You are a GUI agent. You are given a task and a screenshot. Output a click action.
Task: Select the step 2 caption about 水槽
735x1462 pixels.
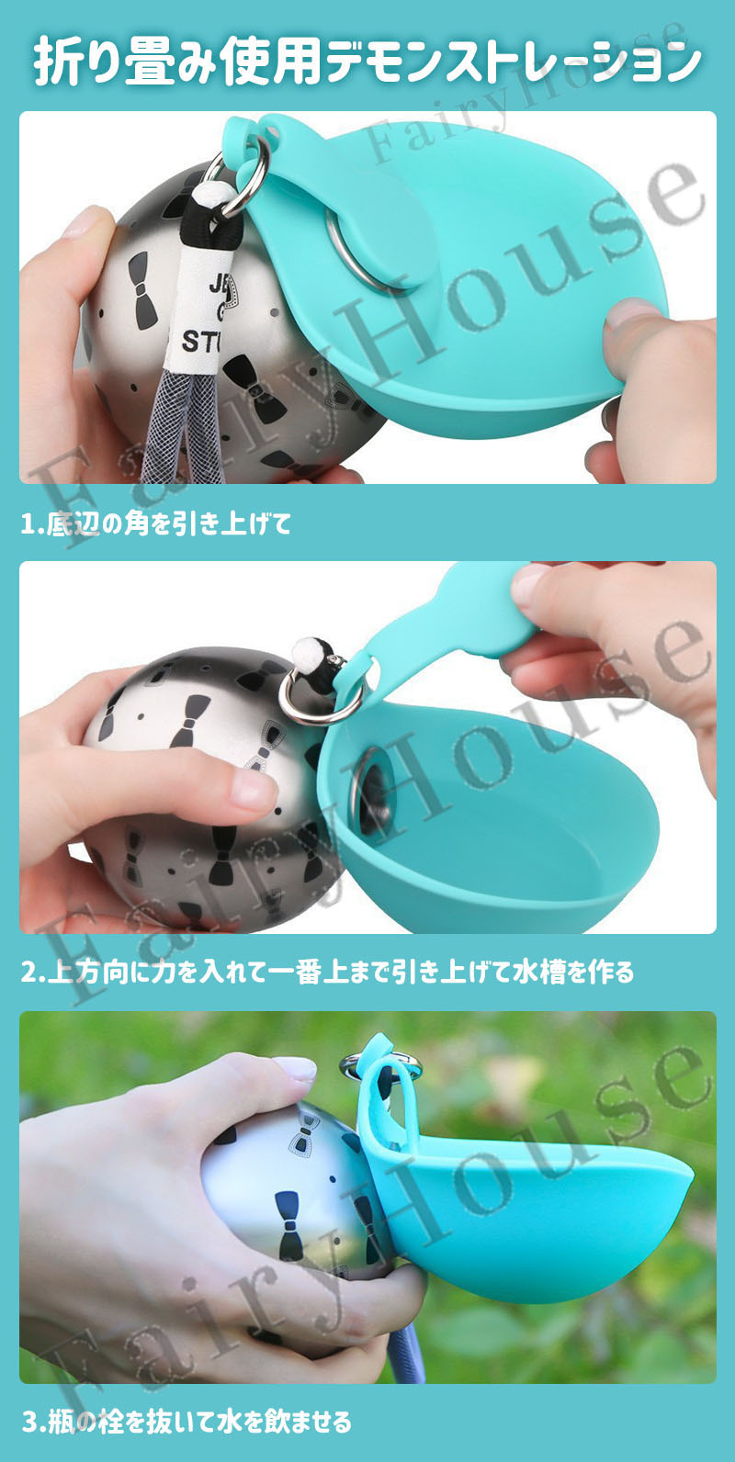click(327, 972)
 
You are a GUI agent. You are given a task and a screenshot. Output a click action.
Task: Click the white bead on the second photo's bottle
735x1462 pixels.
click(306, 650)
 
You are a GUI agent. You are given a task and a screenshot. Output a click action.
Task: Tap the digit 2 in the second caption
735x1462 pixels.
click(29, 973)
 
